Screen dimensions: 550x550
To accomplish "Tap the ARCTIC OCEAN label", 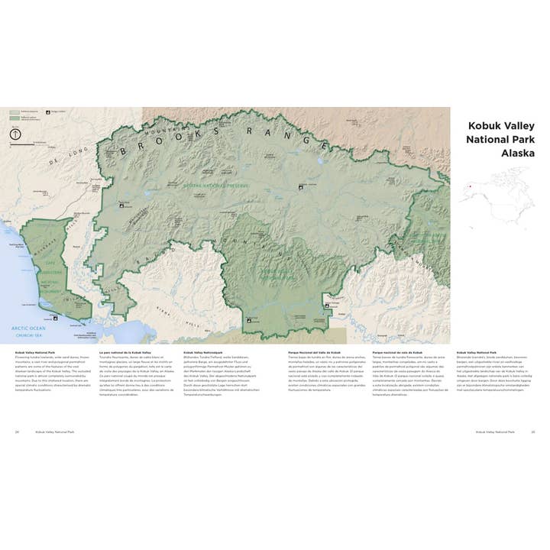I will tap(28, 327).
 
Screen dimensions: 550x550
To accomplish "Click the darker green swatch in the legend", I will tap(14, 118).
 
